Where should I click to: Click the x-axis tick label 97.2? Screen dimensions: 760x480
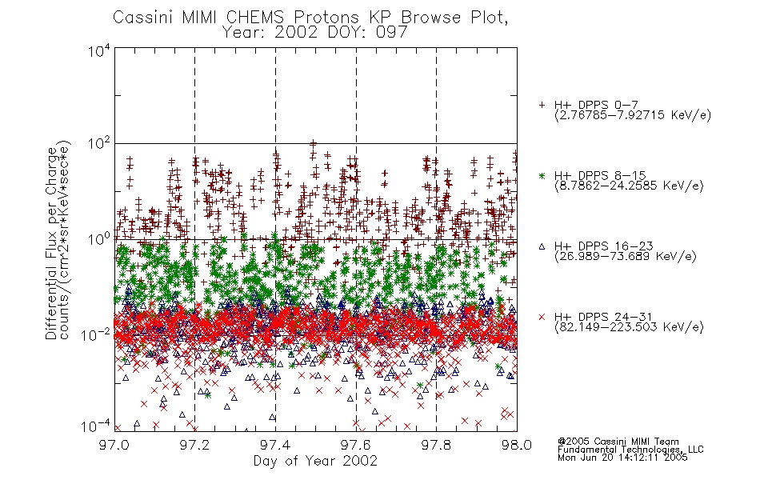pyautogui.click(x=194, y=445)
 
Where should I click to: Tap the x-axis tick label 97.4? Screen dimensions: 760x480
pyautogui.click(x=275, y=445)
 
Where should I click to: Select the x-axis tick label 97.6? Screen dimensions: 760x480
pyautogui.click(x=356, y=445)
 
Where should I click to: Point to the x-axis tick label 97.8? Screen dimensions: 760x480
pyautogui.click(x=436, y=445)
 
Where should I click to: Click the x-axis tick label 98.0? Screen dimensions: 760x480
pyautogui.click(x=517, y=445)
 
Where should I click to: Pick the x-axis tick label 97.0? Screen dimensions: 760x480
pyautogui.click(x=114, y=445)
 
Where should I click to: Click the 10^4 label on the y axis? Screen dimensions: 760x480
pyautogui.click(x=99, y=51)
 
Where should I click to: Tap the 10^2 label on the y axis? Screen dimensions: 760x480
pyautogui.click(x=99, y=144)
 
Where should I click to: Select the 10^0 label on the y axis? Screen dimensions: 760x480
pyautogui.click(x=99, y=239)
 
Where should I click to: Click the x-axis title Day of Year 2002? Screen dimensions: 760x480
pyautogui.click(x=315, y=461)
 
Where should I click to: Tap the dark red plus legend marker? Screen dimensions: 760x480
pyautogui.click(x=542, y=105)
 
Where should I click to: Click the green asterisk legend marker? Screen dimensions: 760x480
pyautogui.click(x=542, y=175)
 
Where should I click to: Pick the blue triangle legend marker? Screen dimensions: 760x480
pyautogui.click(x=542, y=246)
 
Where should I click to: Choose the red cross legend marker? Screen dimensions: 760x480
pyautogui.click(x=542, y=317)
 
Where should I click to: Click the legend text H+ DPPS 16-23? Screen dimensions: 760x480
pyautogui.click(x=603, y=246)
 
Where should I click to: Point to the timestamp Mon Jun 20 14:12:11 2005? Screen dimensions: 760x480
pyautogui.click(x=622, y=458)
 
